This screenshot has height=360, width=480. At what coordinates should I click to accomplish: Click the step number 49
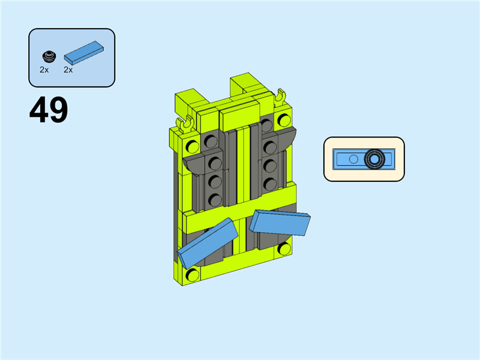(x=49, y=110)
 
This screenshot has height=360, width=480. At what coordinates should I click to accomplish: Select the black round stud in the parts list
(x=49, y=56)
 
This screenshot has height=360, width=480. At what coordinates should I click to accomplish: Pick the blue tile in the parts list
(x=83, y=53)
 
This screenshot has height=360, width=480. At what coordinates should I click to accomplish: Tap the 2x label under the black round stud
(x=44, y=70)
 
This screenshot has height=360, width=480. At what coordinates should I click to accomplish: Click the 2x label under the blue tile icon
(x=68, y=70)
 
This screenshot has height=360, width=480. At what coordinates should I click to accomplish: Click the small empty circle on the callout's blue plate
(x=353, y=159)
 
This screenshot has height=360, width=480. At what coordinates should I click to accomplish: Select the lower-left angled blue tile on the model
(x=208, y=244)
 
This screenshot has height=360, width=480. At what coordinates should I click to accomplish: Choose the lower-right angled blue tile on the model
(x=280, y=223)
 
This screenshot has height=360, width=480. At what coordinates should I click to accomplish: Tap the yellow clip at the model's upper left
(x=185, y=124)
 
